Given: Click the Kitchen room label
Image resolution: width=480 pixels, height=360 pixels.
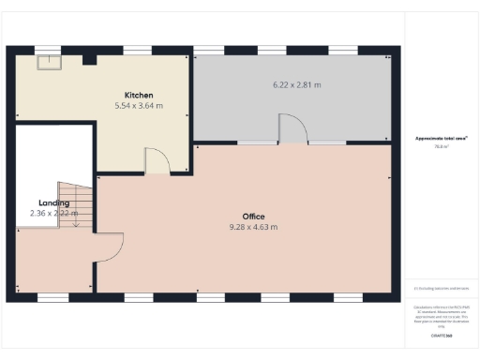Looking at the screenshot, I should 139,95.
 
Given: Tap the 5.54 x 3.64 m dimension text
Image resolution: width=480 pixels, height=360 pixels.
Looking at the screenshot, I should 139,106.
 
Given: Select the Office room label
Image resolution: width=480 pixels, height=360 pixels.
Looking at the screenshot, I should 253,217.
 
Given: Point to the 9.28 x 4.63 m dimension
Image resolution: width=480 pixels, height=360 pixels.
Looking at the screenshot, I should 253,227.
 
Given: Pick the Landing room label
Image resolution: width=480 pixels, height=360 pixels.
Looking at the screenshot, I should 53,202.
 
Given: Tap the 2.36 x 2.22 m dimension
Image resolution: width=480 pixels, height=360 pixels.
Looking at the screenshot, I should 53,214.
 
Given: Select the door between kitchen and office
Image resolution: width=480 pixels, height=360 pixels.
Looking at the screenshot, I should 157,161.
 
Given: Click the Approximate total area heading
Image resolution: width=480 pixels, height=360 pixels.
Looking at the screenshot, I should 441,139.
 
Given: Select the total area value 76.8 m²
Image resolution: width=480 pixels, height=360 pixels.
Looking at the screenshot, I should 441,147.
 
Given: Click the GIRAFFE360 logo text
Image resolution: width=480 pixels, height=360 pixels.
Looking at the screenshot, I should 441,335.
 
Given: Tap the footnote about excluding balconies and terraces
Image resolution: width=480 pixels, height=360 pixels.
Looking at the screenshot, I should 441,288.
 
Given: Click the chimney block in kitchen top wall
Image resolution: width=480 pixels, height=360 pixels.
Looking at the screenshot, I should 89,59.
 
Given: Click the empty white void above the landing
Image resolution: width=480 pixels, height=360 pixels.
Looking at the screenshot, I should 53,155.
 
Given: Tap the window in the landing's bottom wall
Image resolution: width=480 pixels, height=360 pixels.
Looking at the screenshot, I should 52,297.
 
